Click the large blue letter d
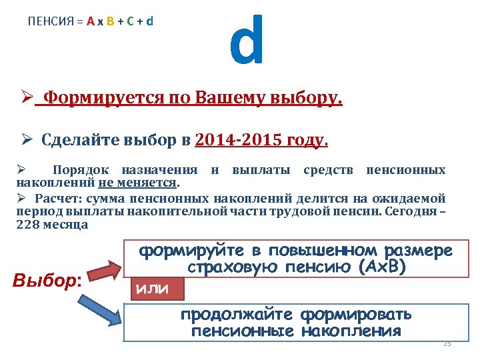(247, 41)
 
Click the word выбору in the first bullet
(307, 99)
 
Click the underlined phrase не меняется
(139, 182)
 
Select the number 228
(27, 225)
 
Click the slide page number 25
(447, 343)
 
